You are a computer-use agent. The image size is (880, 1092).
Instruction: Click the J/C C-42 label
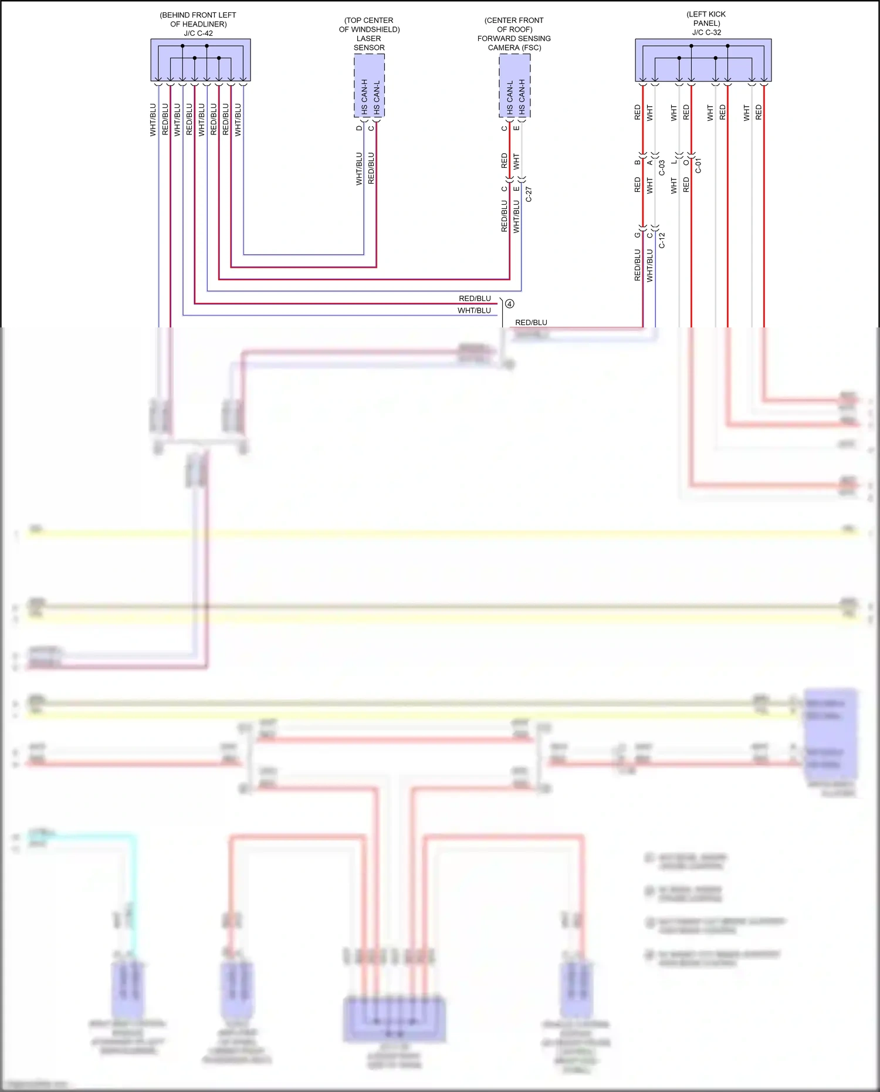point(198,33)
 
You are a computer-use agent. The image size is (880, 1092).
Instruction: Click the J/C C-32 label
point(706,32)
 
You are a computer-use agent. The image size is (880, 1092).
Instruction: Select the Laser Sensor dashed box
point(369,86)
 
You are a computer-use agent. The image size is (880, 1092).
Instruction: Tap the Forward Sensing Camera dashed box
point(515,86)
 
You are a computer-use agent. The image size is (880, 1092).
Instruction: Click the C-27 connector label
point(529,195)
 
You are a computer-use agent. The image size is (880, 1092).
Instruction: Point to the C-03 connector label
point(662,168)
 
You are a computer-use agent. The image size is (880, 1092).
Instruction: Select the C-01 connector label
point(698,166)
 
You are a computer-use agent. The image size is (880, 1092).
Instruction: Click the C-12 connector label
point(662,240)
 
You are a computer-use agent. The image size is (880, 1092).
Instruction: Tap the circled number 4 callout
point(509,304)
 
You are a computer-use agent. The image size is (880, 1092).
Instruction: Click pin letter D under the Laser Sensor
point(359,128)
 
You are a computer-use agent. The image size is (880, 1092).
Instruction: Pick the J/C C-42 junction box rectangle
point(201,60)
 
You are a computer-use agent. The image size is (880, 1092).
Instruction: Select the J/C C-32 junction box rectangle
point(703,60)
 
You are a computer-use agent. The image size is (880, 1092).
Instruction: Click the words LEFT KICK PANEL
point(706,19)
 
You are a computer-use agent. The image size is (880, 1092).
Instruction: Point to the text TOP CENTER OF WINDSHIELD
point(369,25)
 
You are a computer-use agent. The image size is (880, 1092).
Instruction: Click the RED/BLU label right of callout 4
point(531,323)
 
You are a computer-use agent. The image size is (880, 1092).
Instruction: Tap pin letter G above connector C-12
point(637,235)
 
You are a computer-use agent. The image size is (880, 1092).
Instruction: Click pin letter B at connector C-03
point(637,163)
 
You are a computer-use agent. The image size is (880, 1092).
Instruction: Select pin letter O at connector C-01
point(686,163)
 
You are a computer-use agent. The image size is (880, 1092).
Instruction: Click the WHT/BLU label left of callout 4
point(474,311)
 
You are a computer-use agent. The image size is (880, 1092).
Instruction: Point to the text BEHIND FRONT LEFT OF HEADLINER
point(198,19)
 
